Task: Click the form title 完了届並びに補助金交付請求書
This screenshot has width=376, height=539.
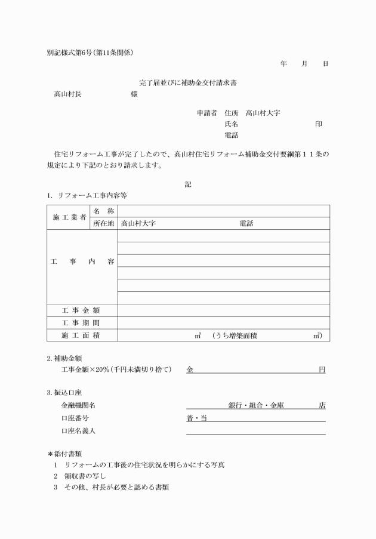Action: (189, 82)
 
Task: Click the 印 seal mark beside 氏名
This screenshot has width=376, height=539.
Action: (319, 124)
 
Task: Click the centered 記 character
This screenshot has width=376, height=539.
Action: (188, 184)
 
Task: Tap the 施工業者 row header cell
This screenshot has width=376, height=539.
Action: (67, 217)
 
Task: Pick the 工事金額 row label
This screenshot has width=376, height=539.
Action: (82, 310)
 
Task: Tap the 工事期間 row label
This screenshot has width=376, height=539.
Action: (82, 323)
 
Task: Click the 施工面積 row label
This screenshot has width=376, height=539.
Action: (82, 335)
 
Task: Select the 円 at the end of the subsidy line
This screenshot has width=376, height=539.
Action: (322, 370)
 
